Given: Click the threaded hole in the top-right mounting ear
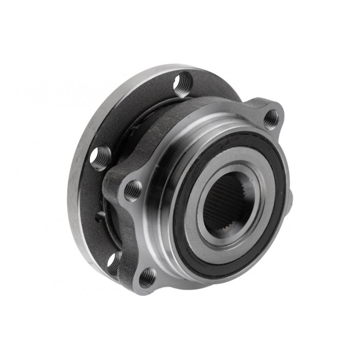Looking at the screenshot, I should [x=272, y=119].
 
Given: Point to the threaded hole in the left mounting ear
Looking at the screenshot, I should [x=133, y=190].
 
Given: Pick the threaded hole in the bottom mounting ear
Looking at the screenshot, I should [x=147, y=277].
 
